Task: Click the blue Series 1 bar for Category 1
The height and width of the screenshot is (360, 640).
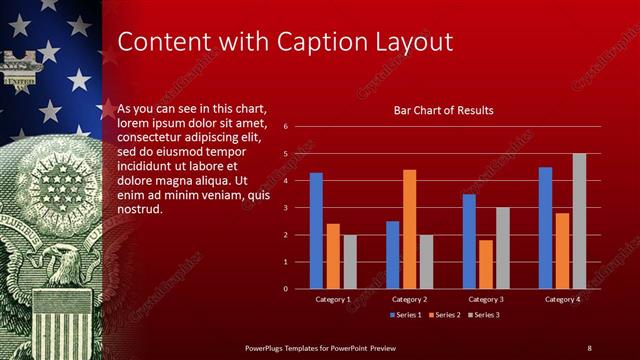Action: tap(316, 231)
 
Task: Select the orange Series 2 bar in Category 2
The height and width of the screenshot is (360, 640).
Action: tap(409, 229)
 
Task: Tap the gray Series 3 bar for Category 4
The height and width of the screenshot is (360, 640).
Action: tap(579, 221)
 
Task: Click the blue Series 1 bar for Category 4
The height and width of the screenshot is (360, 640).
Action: tap(545, 228)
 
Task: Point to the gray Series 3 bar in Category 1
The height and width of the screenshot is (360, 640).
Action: tap(350, 262)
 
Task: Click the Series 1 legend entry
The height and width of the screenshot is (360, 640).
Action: tap(405, 315)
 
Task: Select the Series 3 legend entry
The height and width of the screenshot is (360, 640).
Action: tap(483, 315)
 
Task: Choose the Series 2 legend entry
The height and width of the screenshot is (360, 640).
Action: tap(444, 315)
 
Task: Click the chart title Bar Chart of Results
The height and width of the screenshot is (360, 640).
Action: tap(443, 110)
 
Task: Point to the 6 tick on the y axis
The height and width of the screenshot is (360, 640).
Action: tap(286, 127)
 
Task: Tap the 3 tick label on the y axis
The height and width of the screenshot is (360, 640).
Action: tap(286, 208)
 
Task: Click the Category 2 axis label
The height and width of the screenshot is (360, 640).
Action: tap(409, 299)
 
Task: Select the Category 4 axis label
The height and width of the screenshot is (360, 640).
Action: tap(562, 299)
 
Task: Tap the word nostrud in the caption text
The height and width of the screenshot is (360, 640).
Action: tap(139, 209)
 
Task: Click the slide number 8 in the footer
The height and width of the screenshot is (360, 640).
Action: tap(589, 347)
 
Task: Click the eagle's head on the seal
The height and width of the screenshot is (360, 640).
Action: tap(63, 264)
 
